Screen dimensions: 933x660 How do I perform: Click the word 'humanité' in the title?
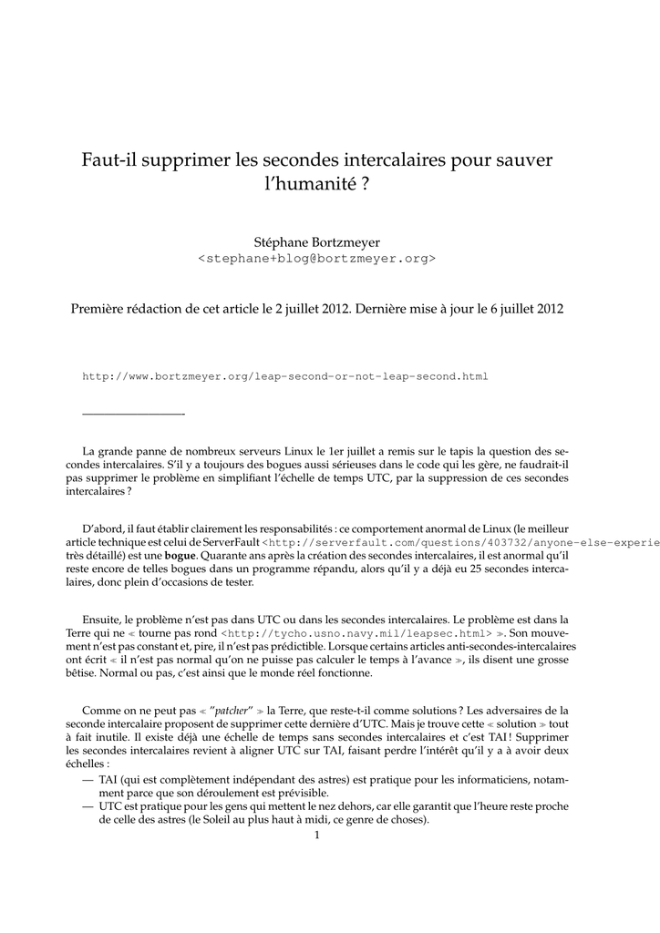coord(306,184)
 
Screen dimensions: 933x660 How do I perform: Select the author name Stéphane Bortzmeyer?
coord(316,241)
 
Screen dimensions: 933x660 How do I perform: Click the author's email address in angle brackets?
coord(316,259)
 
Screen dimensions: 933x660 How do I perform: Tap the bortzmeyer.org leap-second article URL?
coord(285,375)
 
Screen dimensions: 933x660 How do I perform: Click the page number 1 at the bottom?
coord(316,835)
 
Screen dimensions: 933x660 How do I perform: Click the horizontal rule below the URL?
coord(133,415)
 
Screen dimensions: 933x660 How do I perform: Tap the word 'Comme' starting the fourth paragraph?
coord(101,710)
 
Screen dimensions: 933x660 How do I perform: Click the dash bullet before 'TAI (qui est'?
coord(88,780)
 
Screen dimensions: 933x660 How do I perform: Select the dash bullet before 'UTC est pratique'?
coord(88,806)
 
